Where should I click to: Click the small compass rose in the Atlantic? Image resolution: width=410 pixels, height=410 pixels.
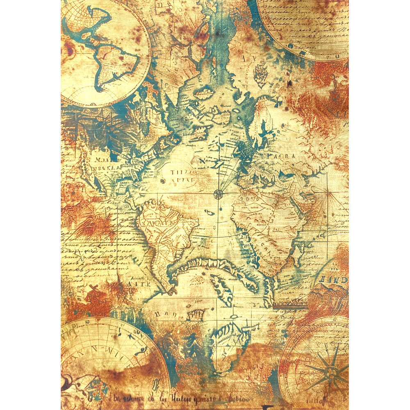(x=218, y=194)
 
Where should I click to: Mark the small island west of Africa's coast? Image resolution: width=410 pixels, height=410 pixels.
(x=210, y=212)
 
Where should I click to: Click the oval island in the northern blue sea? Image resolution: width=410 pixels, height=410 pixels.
(x=204, y=93)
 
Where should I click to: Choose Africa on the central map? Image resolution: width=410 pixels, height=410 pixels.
(x=266, y=230)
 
